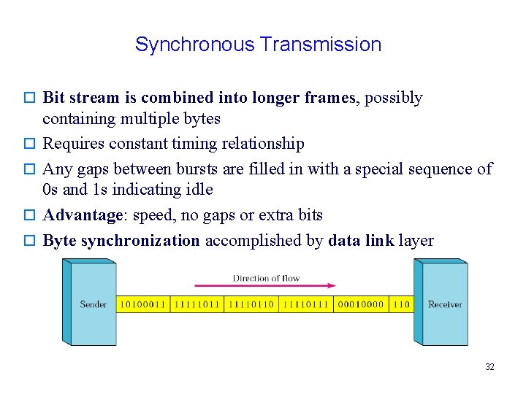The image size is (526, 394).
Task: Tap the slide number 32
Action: (x=489, y=367)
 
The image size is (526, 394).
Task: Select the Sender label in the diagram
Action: (x=93, y=304)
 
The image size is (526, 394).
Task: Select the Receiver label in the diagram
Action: (x=445, y=304)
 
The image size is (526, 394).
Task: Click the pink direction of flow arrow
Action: (x=265, y=286)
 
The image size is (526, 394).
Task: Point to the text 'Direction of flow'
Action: (x=266, y=278)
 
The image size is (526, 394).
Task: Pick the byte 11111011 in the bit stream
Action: (x=197, y=304)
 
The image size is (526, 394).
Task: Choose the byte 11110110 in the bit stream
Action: (x=251, y=304)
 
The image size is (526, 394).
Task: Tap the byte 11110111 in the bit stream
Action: (x=305, y=304)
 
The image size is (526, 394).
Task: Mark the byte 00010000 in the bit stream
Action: (x=360, y=304)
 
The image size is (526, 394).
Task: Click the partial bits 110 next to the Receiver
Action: (x=401, y=304)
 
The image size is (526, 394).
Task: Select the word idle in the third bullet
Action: (x=199, y=190)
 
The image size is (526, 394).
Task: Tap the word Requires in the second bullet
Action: (x=71, y=144)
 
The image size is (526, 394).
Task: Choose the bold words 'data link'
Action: (x=361, y=241)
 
